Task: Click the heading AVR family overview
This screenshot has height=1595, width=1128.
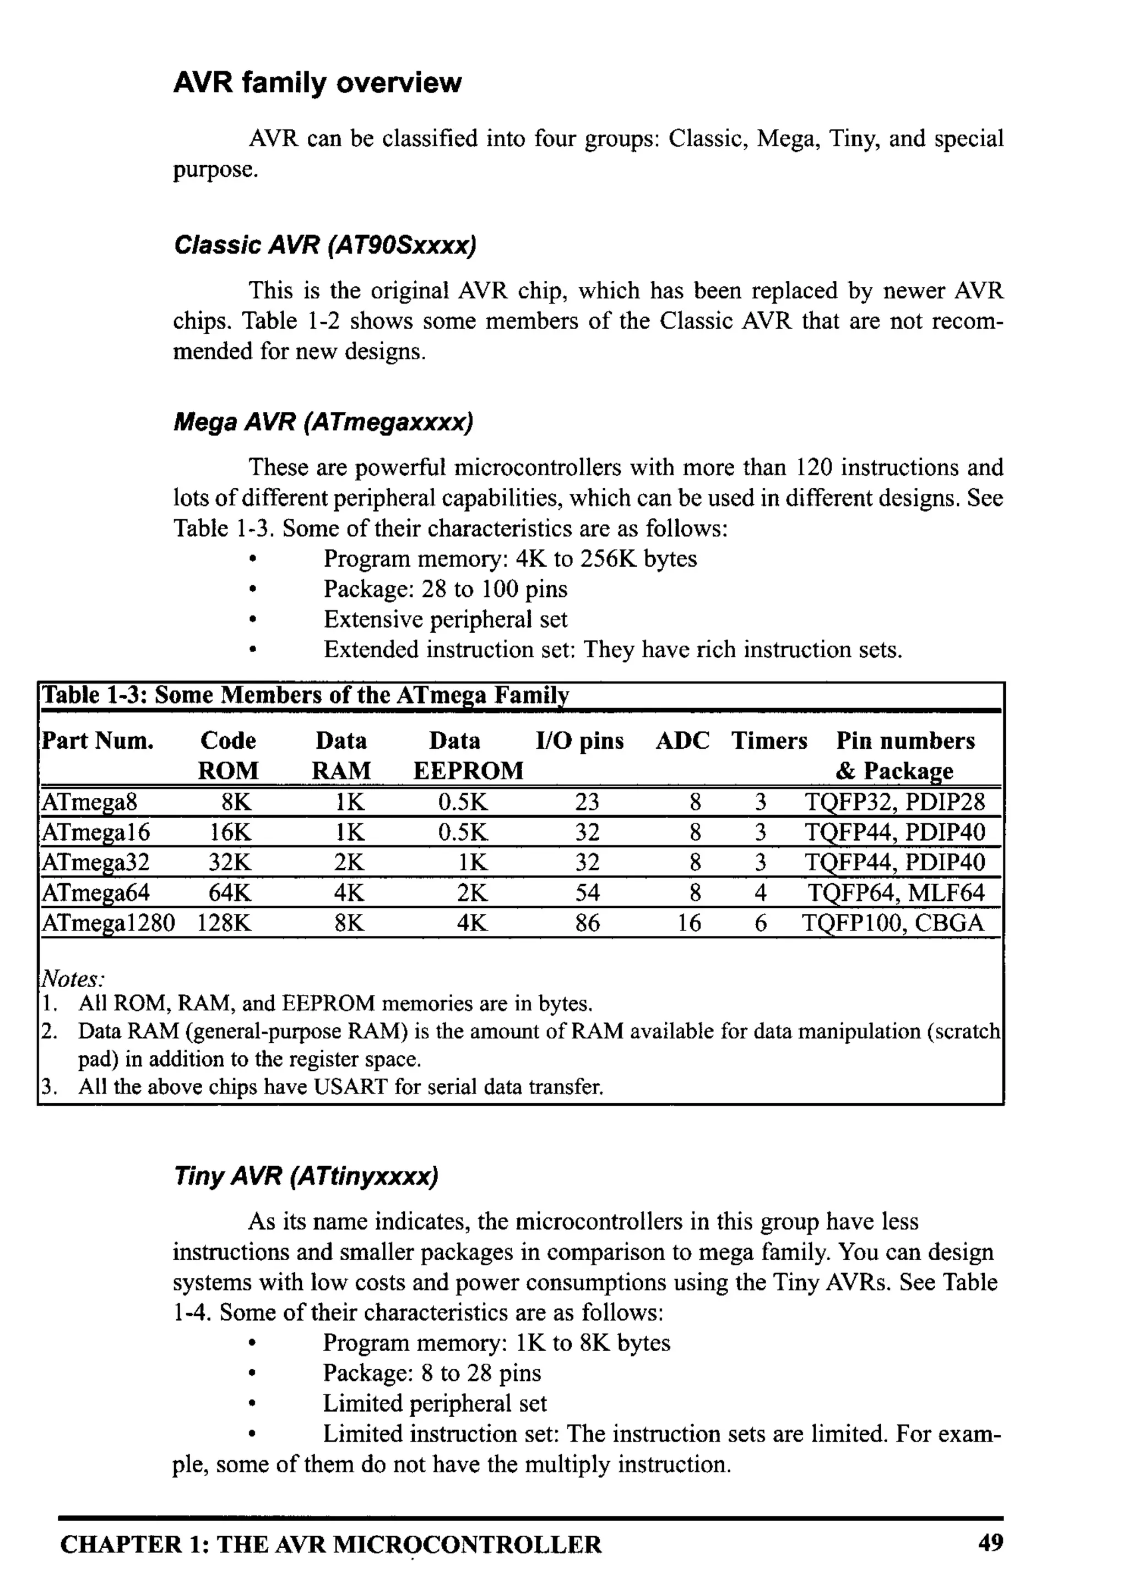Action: (317, 83)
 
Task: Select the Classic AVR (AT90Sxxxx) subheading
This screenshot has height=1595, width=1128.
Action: (324, 245)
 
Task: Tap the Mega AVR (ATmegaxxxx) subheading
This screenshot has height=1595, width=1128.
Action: (323, 422)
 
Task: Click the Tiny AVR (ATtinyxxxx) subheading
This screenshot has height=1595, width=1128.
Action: (306, 1176)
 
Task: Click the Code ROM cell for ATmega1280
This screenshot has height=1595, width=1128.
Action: (224, 923)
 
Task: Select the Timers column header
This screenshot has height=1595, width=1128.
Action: (769, 741)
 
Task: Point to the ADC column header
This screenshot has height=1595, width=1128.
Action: (682, 741)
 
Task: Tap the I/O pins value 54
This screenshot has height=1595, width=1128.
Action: (587, 892)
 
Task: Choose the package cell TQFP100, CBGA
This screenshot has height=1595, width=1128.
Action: (893, 923)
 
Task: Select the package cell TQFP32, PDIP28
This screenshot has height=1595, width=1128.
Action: (894, 802)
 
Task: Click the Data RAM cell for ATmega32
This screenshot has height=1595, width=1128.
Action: (349, 863)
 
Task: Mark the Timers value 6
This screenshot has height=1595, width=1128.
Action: (761, 923)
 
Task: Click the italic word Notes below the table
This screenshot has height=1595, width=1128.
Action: (72, 979)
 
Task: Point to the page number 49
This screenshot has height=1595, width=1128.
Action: (990, 1543)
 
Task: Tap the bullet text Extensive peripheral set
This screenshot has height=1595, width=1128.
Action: (445, 619)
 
